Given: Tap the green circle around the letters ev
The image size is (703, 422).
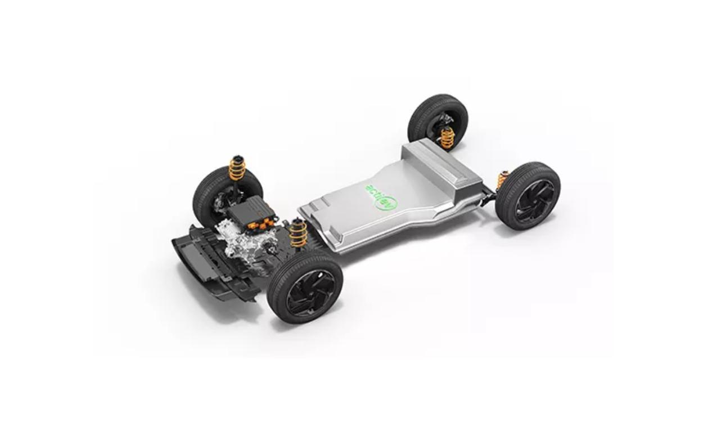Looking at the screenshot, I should point(387,204).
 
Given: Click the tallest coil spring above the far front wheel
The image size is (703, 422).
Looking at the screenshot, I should point(237,169).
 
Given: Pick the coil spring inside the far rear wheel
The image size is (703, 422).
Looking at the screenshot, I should point(447,138).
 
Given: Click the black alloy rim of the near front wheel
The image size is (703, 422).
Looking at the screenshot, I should point(311,293).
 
